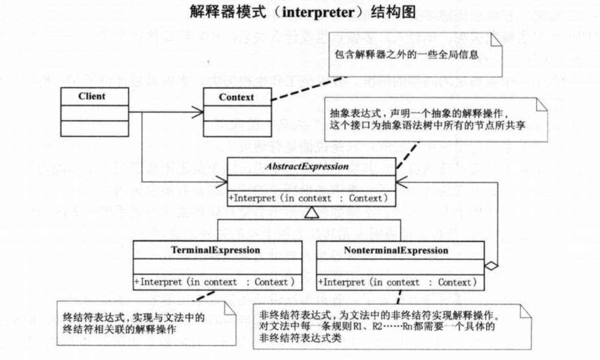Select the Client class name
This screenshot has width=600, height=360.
[x=91, y=96]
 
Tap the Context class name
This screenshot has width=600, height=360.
[x=236, y=97]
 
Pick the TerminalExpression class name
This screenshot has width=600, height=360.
[x=215, y=250]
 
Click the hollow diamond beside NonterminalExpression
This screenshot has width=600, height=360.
[x=492, y=266]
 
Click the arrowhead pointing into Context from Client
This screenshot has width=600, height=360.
[x=197, y=113]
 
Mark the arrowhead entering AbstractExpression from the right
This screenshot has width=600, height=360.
[x=402, y=182]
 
